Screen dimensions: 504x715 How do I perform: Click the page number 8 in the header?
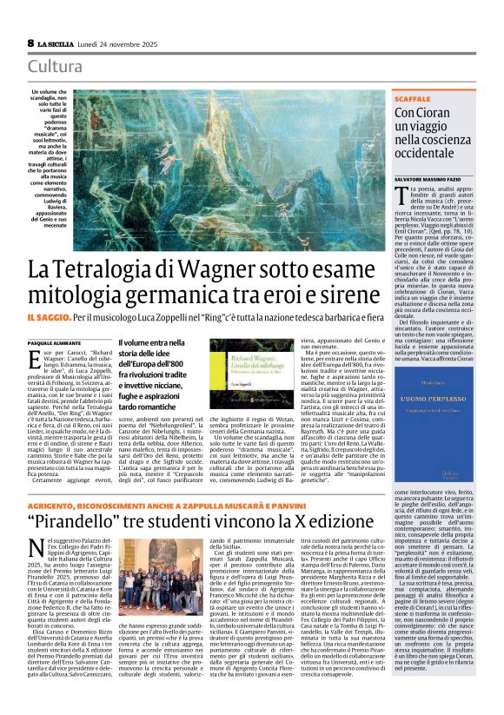click(x=30, y=42)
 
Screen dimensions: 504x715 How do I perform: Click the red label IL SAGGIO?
click(x=53, y=321)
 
